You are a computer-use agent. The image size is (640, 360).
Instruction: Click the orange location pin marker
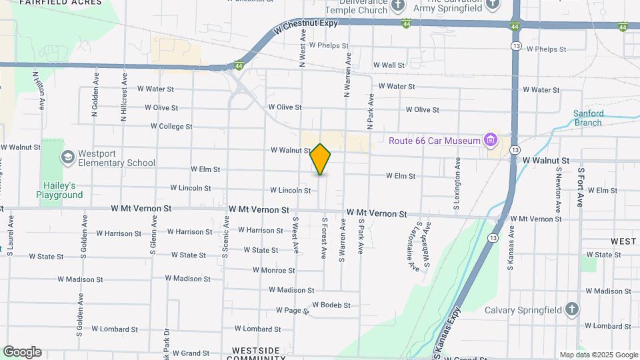click(321, 159)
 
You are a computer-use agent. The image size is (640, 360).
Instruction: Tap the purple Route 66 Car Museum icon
click(491, 140)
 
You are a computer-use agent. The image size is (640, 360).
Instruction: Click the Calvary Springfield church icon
click(571, 309)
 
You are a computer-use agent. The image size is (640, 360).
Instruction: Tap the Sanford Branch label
click(589, 117)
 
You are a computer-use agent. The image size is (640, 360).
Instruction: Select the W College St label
click(171, 126)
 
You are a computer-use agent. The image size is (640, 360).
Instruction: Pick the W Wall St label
click(389, 65)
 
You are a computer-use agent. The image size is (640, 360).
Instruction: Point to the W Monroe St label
click(273, 270)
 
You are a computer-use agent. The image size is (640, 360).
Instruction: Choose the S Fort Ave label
click(581, 187)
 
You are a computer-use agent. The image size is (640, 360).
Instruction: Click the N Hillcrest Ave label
click(124, 98)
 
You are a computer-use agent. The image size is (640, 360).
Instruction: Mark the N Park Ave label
click(371, 111)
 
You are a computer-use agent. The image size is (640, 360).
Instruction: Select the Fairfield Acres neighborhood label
click(61, 3)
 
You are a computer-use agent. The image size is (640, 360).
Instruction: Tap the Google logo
click(22, 352)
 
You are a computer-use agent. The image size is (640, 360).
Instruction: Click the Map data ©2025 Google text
click(599, 355)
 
